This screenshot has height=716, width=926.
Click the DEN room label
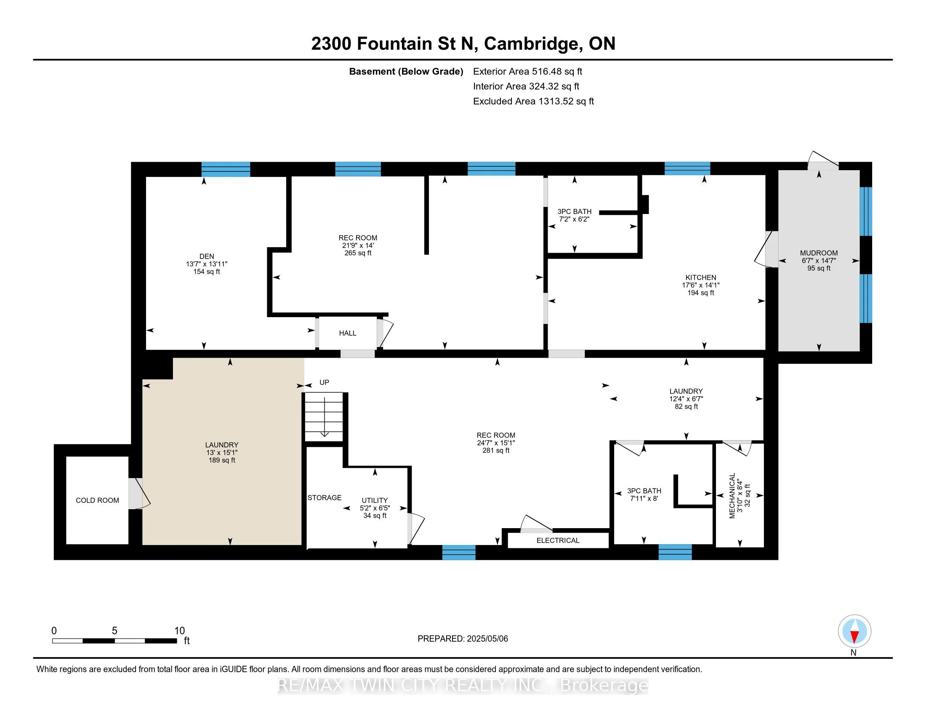coord(207,256)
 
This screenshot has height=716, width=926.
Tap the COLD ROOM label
coord(98,500)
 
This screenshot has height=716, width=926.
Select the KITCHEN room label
coord(701,278)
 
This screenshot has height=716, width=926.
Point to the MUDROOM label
coord(819,253)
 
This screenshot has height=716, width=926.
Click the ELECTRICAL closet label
coord(558,540)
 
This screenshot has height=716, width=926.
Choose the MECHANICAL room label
coord(732,496)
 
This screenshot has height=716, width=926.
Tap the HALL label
coord(348,334)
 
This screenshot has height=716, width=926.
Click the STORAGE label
coord(325,497)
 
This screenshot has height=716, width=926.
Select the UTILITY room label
coord(375,500)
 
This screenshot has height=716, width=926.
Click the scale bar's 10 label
coord(179,631)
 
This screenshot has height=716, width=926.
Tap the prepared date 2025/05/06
coord(487,639)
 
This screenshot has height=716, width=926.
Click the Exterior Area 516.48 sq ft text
coord(528,71)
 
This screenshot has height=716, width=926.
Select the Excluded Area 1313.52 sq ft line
coord(533,101)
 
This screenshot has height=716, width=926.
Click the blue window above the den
coord(226,169)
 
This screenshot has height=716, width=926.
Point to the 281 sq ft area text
coord(496,451)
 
